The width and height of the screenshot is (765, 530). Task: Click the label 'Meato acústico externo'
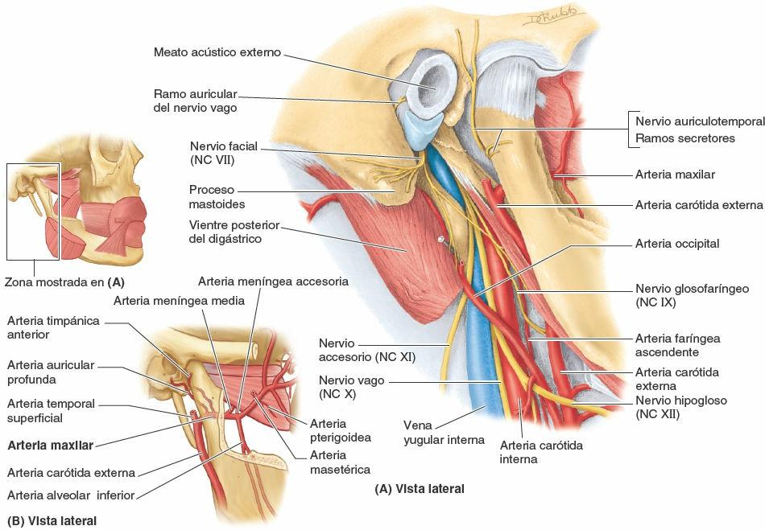pyautogui.click(x=217, y=52)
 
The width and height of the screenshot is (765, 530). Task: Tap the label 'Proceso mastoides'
pyautogui.click(x=211, y=197)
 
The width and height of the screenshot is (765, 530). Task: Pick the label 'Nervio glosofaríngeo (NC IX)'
pyautogui.click(x=692, y=295)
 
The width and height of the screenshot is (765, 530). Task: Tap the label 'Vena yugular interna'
pyautogui.click(x=445, y=432)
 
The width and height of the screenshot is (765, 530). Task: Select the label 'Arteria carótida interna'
pyautogui.click(x=540, y=451)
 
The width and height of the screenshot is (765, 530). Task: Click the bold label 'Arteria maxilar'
pyautogui.click(x=50, y=443)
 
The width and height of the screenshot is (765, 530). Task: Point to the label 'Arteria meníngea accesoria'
pyautogui.click(x=273, y=281)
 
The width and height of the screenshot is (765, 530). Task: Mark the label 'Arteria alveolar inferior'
pyautogui.click(x=70, y=495)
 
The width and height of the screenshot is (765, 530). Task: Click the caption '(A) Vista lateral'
pyautogui.click(x=420, y=488)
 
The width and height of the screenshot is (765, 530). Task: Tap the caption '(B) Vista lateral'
pyautogui.click(x=52, y=520)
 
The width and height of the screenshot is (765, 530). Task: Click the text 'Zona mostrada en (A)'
pyautogui.click(x=64, y=282)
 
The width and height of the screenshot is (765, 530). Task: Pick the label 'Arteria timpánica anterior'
pyautogui.click(x=52, y=327)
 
